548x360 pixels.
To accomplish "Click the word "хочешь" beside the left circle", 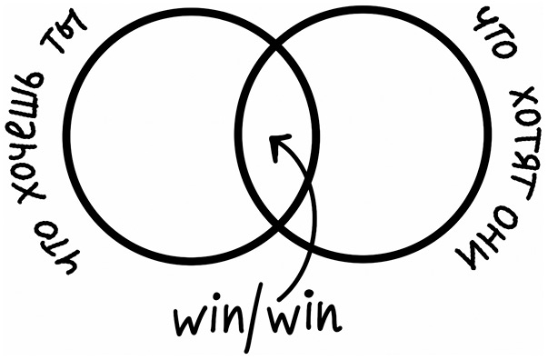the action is tap(30, 136).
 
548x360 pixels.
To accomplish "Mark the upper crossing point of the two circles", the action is tap(277, 45).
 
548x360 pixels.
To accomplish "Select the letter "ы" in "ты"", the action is tap(75, 24).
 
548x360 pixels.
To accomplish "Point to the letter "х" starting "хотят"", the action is tap(523, 97).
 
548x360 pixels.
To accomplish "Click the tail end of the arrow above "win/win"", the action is tap(280, 299).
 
